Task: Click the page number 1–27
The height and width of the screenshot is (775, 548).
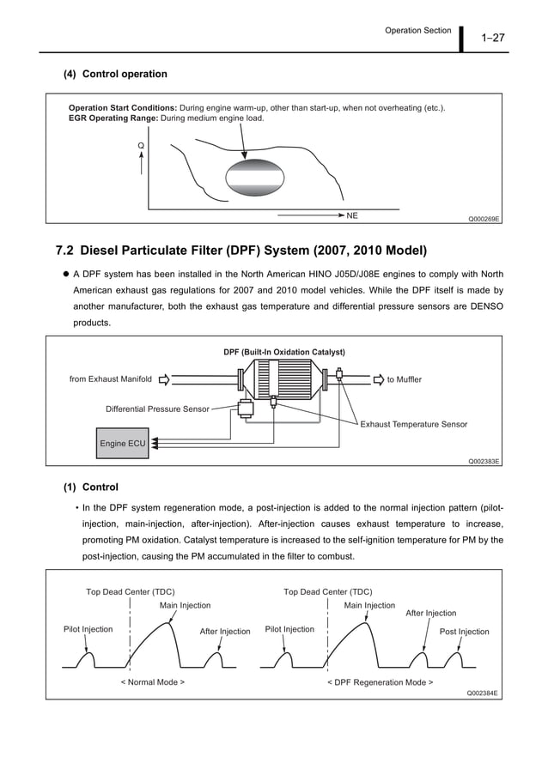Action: click(493, 37)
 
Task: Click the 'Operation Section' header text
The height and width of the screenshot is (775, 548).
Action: click(417, 31)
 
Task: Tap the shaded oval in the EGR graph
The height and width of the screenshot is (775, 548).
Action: click(254, 177)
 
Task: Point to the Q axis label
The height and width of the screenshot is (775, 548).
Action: click(141, 147)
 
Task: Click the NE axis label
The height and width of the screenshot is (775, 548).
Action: click(352, 215)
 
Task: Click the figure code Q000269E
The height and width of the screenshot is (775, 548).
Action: click(484, 219)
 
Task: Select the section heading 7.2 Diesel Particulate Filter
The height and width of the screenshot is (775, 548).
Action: click(241, 251)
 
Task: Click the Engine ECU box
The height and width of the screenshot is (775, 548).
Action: click(123, 444)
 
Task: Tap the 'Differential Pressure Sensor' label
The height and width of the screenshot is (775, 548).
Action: click(157, 409)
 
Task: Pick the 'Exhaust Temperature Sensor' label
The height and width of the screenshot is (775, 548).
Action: click(414, 424)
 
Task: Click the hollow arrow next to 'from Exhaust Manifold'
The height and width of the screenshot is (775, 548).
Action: click(165, 379)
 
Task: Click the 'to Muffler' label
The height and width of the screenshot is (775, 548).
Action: click(405, 379)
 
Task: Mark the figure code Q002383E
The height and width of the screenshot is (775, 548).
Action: click(484, 461)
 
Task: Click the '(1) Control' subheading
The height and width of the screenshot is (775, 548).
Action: click(91, 487)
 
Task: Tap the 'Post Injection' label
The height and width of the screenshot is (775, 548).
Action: click(464, 632)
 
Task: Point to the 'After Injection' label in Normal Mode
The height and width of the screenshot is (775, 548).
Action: click(225, 632)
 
